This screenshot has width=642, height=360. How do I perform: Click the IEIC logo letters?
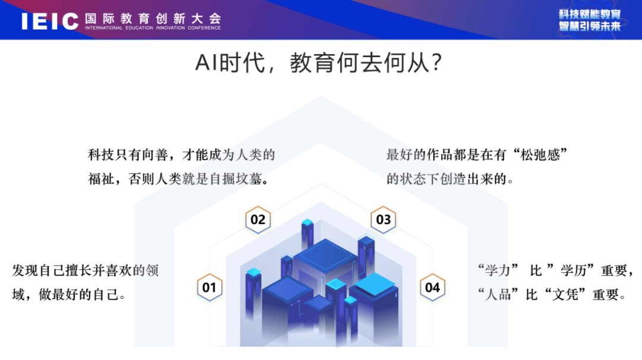pyautogui.click(x=50, y=21)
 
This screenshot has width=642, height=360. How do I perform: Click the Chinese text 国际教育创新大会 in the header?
pyautogui.click(x=153, y=18)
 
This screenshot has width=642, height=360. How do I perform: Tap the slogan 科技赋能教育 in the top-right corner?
pyautogui.click(x=590, y=15)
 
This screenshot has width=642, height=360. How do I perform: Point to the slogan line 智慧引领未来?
pyautogui.click(x=590, y=27)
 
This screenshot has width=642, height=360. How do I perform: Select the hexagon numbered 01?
pyautogui.click(x=210, y=287)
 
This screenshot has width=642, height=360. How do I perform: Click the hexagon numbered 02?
pyautogui.click(x=258, y=220)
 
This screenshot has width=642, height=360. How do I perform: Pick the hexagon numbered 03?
pyautogui.click(x=383, y=220)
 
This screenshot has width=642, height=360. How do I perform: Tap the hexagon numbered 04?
pyautogui.click(x=432, y=287)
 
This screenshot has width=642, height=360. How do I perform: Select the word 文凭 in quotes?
pyautogui.click(x=565, y=294)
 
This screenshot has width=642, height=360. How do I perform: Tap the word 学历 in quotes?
pyautogui.click(x=574, y=270)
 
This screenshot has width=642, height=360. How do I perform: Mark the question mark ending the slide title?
pyautogui.click(x=436, y=63)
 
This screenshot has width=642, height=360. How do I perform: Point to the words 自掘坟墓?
pyautogui.click(x=235, y=179)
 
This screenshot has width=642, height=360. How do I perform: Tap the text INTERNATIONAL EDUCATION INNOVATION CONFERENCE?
pyautogui.click(x=153, y=28)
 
